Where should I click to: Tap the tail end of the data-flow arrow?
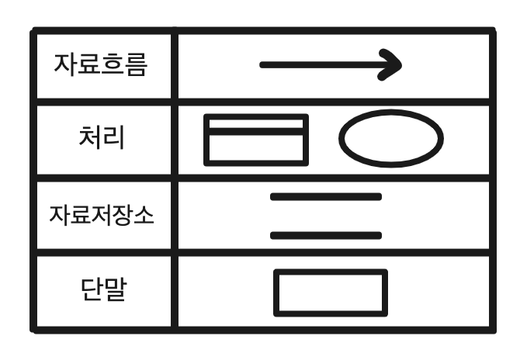pyautogui.click(x=264, y=65)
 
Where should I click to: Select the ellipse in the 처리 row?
pyautogui.click(x=390, y=139)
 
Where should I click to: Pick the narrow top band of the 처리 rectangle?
pyautogui.click(x=255, y=124)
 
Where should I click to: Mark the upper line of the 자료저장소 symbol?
pyautogui.click(x=325, y=197)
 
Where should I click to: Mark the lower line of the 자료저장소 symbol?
pyautogui.click(x=325, y=234)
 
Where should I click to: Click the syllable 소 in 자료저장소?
pyautogui.click(x=142, y=215)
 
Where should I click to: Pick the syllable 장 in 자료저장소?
pyautogui.click(x=122, y=215)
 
